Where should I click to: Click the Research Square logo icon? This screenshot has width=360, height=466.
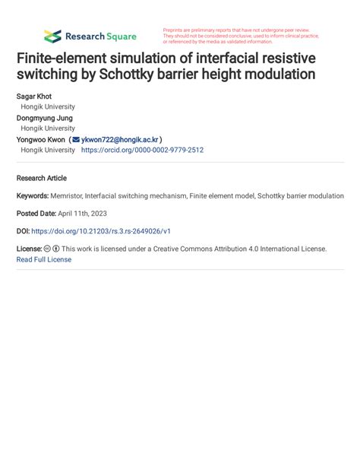coord(52,36)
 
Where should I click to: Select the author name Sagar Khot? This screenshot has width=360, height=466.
coord(35,98)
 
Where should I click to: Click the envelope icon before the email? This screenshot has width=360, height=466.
coord(76,140)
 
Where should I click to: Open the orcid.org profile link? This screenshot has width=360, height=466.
coord(142,151)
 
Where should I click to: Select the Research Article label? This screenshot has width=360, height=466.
coord(42,178)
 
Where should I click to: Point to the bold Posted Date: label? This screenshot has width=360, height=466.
coord(36,214)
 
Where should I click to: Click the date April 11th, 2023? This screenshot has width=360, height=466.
coord(89,214)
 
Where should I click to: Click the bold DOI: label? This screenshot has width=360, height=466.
coord(23,231)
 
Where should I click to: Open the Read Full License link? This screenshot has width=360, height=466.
coord(44,259)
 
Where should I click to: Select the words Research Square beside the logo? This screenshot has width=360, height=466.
coord(101,36)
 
